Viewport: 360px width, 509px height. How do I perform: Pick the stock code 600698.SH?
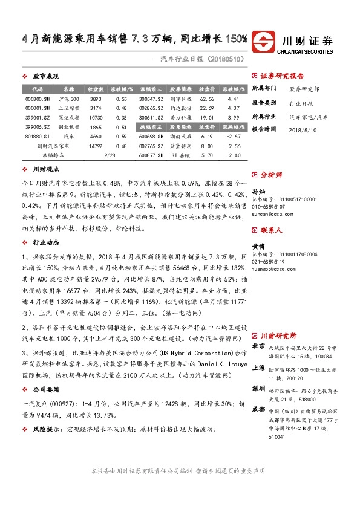pyautogui.click(x=151, y=137)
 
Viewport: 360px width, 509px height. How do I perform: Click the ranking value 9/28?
pyautogui.click(x=110, y=156)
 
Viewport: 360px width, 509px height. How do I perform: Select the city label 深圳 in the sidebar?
pyautogui.click(x=258, y=387)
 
